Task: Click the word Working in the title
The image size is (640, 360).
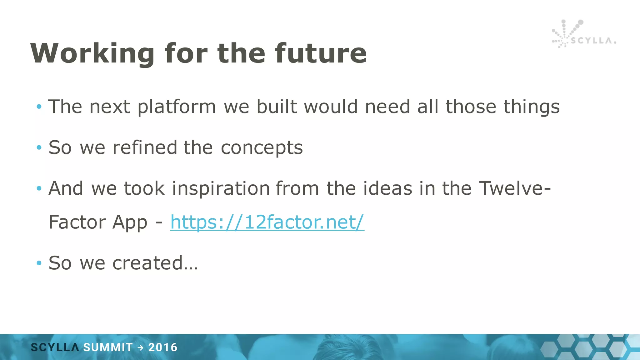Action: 92,54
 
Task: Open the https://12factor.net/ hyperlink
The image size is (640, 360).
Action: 267,222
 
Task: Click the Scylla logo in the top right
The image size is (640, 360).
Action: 583,34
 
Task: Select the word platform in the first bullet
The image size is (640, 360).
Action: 177,107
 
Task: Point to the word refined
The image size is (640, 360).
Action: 145,147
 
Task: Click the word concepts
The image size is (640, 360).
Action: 262,148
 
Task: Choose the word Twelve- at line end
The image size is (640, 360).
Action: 515,188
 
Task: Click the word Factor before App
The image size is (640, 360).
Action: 77,222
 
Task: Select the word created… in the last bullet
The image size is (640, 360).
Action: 155,263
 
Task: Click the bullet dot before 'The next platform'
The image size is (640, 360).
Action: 39,107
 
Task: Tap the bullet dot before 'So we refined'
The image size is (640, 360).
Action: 39,147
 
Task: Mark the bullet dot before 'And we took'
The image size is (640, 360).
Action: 39,188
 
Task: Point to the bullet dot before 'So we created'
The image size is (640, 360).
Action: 39,263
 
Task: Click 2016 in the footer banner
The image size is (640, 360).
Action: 162,347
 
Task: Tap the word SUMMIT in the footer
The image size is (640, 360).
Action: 108,347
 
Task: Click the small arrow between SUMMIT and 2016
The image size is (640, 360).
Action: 141,347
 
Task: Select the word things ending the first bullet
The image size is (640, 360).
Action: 531,107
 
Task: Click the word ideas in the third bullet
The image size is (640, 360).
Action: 387,188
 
